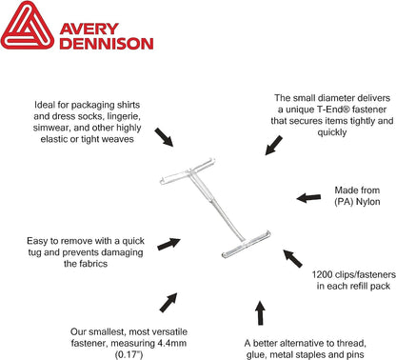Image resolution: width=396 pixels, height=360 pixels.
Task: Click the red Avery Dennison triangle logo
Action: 28,26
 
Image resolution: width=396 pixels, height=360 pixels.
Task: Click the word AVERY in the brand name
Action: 89,29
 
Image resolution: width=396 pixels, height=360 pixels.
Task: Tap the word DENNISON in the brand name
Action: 107,44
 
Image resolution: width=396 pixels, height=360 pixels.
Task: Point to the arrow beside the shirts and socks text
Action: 164,137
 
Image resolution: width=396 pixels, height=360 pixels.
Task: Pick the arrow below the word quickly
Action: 273,146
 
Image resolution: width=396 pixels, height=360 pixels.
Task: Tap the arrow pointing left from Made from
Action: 308,198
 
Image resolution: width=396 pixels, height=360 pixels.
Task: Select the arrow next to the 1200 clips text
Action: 292,258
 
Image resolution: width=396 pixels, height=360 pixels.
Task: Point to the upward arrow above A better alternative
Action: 260,313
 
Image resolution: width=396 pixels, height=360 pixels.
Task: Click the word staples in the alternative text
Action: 320,354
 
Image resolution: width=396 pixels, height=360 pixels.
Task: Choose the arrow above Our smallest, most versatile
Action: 168,302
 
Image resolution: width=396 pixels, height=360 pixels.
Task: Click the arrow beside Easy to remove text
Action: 168,244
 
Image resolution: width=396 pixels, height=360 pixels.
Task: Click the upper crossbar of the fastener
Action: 188,171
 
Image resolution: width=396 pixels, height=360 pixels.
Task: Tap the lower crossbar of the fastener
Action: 246,244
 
